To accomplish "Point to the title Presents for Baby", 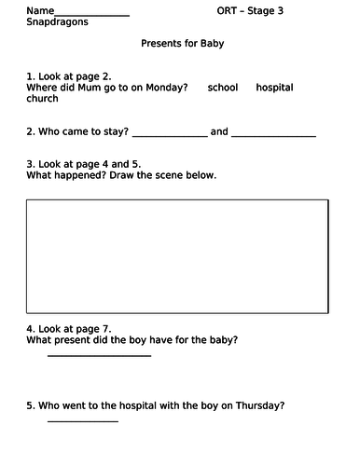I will [182, 44].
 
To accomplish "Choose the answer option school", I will [223, 88].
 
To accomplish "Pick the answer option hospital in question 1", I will [274, 88].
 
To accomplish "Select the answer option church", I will [43, 99].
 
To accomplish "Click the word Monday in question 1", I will [168, 88].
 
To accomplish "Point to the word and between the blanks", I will [219, 132].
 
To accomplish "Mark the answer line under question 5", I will [82, 420].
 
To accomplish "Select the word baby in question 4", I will [217, 340].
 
